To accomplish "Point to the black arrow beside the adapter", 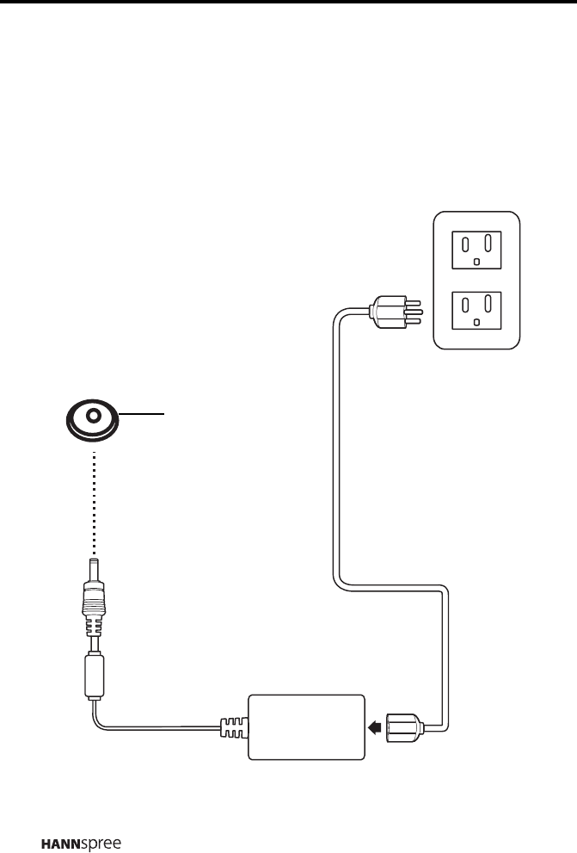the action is tap(375, 727).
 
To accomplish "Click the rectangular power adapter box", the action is tap(306, 726).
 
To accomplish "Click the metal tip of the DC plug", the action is tap(93, 568).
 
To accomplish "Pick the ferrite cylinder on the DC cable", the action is tap(93, 674).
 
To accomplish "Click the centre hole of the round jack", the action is tap(92, 413).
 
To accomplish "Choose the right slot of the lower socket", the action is tap(488, 302).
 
